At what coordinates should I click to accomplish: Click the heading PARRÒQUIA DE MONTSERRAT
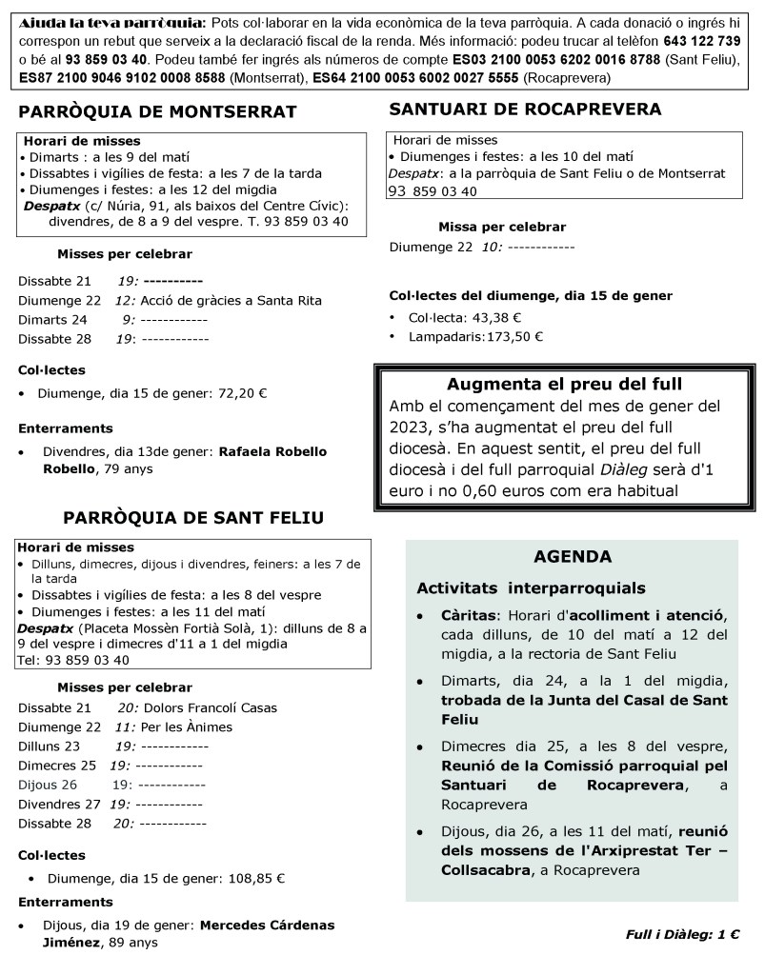click(157, 112)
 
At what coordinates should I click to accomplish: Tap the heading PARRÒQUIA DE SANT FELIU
click(193, 518)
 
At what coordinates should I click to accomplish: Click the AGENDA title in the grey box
click(573, 557)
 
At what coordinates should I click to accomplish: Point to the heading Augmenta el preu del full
click(564, 386)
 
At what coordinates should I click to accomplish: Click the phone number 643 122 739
click(702, 41)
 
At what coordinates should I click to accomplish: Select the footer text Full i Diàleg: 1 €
click(683, 934)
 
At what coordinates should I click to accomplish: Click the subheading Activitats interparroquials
click(531, 587)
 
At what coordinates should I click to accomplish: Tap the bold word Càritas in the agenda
click(467, 615)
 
